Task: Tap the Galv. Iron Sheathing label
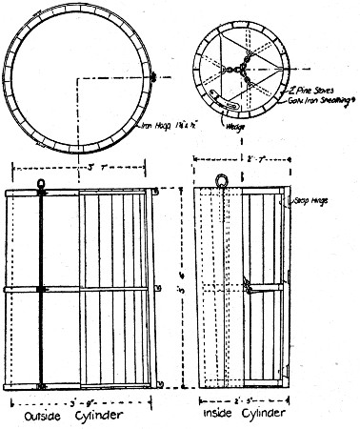[309, 95]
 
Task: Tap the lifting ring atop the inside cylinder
[221, 179]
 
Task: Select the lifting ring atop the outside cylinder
[41, 184]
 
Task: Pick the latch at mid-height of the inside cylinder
[248, 284]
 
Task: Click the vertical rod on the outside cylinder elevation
[41, 286]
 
